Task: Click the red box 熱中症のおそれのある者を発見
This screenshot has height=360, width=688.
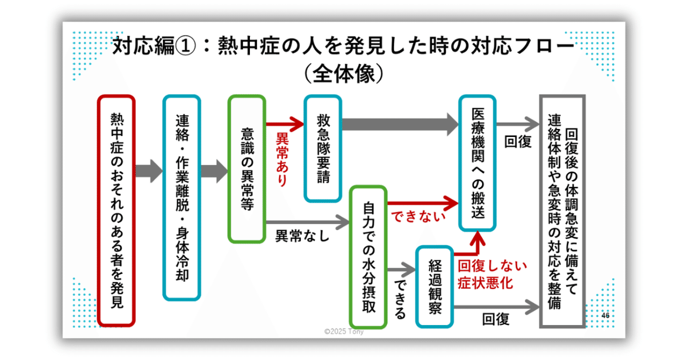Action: [x=116, y=210]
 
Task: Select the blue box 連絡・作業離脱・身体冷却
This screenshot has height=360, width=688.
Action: [x=182, y=198]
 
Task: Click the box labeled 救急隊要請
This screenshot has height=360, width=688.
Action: [x=323, y=148]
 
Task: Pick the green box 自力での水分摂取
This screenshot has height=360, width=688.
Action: [x=369, y=256]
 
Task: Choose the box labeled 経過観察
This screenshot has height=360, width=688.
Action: [x=435, y=287]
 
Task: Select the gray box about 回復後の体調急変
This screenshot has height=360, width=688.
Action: [x=562, y=212]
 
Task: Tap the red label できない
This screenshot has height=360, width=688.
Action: [x=418, y=217]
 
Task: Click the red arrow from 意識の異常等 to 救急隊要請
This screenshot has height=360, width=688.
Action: [x=284, y=123]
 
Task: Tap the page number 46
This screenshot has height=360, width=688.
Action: [x=605, y=316]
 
